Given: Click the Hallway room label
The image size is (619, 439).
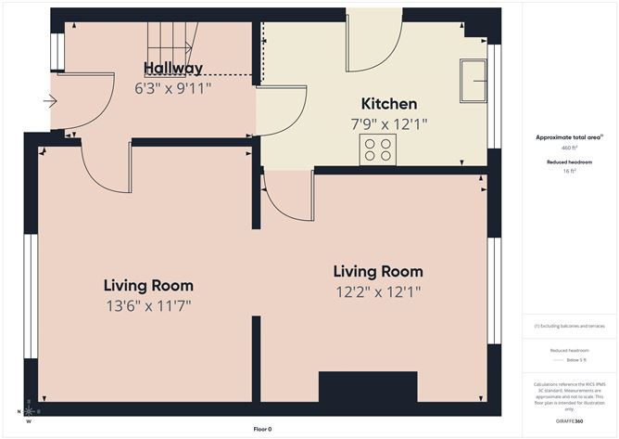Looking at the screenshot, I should [173, 68].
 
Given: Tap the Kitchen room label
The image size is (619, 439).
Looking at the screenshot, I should [388, 104].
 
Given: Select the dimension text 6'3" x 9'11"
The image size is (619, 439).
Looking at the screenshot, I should [173, 88].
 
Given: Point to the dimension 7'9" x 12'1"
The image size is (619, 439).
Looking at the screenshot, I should [388, 123].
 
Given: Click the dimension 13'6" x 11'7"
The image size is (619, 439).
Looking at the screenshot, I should [148, 304].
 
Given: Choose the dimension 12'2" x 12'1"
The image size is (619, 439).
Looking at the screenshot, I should [378, 291].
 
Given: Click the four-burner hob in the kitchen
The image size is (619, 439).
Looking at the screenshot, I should [378, 148].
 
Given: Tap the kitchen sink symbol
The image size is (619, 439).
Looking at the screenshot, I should [474, 79].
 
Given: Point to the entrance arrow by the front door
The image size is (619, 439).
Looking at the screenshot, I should [49, 101].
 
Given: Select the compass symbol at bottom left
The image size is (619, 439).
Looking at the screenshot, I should [28, 410].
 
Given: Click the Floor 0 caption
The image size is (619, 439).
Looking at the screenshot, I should [262, 429].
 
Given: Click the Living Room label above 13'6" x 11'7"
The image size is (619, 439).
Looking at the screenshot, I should [148, 285].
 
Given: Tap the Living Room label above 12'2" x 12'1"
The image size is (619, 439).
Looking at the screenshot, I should [378, 272].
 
